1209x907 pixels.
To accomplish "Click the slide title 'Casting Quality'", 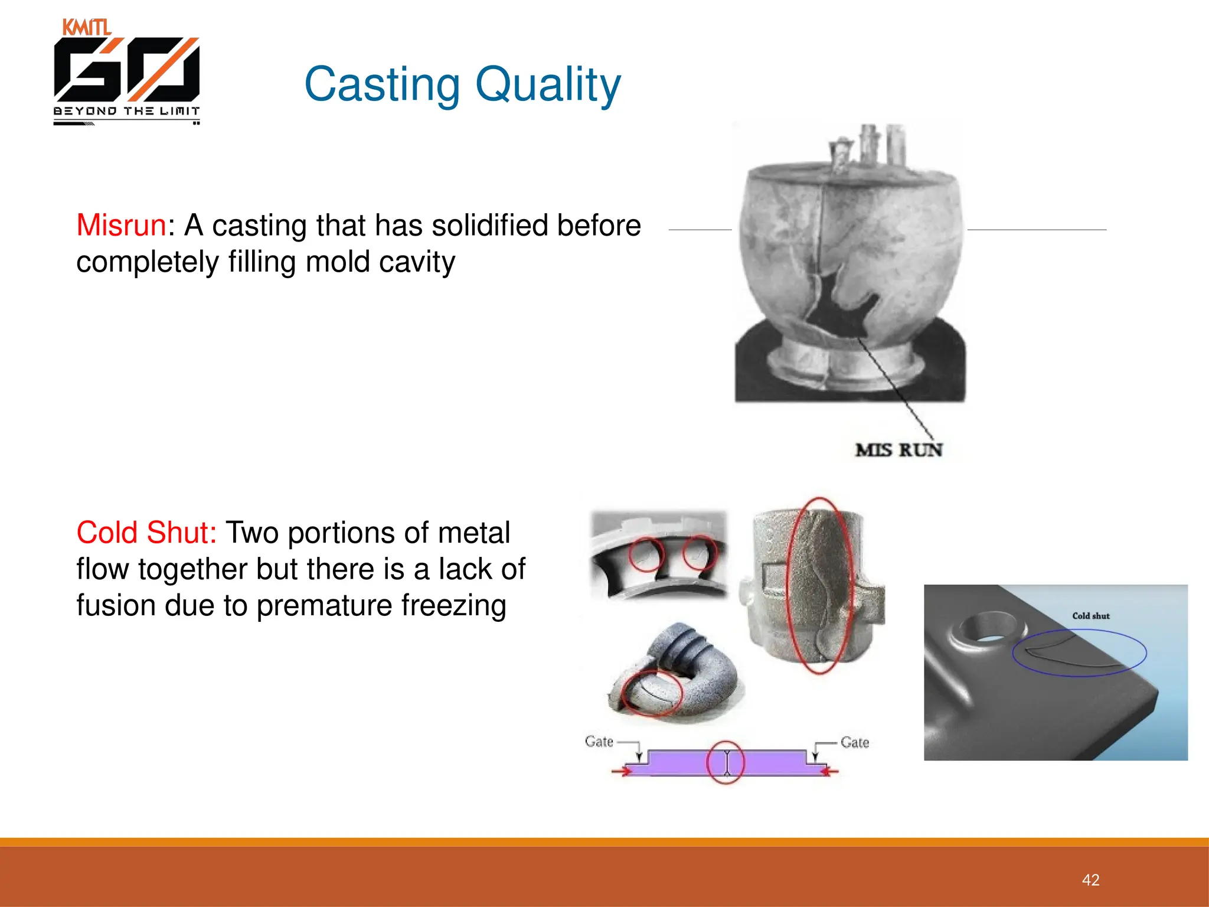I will (x=462, y=84).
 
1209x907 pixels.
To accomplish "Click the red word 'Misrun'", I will (x=121, y=226).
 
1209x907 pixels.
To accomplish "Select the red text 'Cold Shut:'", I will (x=146, y=533).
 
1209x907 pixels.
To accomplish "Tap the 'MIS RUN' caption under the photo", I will (x=898, y=450).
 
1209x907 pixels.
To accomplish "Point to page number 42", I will (x=1090, y=880).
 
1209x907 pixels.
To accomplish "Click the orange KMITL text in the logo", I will (x=86, y=27).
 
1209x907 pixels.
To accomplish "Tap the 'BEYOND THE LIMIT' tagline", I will (x=126, y=111).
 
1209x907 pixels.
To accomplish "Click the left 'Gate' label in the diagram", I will (x=599, y=741).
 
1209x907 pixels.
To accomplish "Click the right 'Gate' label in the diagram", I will (x=855, y=742).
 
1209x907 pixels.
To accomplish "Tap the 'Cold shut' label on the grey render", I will (x=1091, y=616).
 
